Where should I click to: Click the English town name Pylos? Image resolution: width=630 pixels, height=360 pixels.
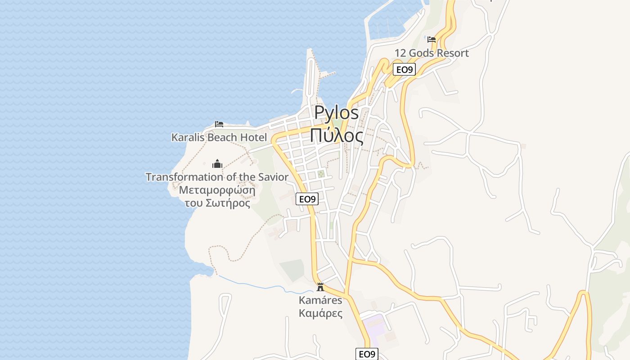coord(336,112)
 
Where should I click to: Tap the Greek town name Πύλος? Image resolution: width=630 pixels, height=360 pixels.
coord(336,135)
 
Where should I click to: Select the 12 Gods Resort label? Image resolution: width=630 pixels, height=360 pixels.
coord(432,53)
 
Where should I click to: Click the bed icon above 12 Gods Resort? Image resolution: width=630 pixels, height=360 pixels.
coord(432,40)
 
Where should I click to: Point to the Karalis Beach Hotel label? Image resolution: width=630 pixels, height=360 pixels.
coord(219,137)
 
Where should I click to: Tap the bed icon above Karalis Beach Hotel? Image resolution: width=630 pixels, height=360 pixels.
coord(219,124)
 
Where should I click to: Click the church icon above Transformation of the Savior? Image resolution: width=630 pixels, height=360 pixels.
coord(217,163)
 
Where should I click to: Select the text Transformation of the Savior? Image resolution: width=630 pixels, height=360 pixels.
coord(217,177)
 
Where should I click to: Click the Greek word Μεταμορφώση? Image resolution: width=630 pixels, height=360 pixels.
coord(217,189)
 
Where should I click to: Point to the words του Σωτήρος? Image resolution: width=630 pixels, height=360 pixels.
coord(217,202)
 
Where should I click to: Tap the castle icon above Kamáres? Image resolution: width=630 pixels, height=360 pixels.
coord(320,287)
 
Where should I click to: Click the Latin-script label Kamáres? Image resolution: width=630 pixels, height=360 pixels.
coord(320,300)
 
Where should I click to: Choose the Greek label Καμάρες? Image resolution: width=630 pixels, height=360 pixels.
coord(320,313)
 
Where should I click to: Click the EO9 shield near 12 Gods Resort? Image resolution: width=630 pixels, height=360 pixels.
coord(404,69)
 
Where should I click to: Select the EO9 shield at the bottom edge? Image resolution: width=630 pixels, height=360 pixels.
coord(367,354)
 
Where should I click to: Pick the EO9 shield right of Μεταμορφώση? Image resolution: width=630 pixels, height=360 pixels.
coord(307,199)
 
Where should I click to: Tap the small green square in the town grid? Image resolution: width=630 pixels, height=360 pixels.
coord(321,174)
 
